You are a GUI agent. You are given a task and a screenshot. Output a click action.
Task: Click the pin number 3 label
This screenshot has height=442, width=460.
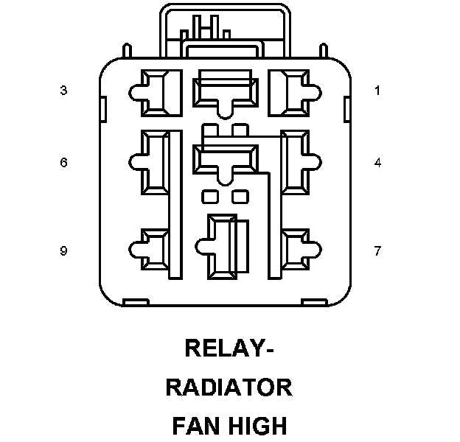pos(64,91)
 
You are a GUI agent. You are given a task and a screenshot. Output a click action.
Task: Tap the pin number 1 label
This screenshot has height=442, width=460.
pos(377,91)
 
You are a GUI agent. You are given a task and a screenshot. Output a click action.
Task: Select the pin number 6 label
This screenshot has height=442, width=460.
pos(64,163)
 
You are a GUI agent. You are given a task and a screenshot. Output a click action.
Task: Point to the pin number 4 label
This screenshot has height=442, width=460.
pos(377,163)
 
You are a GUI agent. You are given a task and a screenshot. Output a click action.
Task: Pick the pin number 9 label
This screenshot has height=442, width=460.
pos(64,251)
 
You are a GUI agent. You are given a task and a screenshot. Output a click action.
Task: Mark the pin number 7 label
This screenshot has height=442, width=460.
pos(377,251)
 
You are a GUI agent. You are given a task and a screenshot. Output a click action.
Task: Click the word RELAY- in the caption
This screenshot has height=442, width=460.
pos(229,348)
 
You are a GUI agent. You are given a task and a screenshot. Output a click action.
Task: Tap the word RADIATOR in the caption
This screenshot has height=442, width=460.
pos(229,387)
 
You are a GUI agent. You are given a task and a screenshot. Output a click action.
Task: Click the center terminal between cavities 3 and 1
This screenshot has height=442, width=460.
pos(226,91)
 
